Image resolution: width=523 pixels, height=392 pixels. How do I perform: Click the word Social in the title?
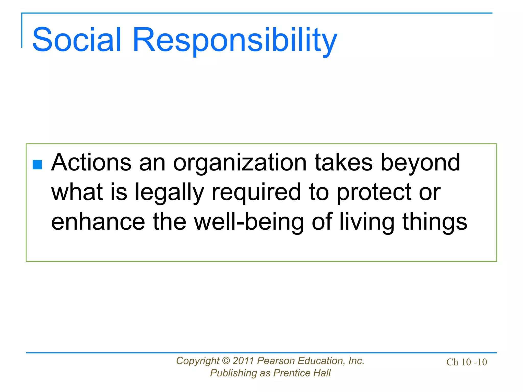(76, 40)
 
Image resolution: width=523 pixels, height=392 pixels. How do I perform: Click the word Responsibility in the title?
(235, 41)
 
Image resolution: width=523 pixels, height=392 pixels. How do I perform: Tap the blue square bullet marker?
(37, 165)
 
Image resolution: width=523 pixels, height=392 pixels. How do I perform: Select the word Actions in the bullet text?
(91, 163)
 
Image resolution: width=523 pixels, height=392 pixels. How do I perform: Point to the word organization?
(240, 163)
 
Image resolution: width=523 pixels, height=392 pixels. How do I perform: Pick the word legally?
(170, 193)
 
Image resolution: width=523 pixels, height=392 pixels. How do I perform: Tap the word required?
(256, 193)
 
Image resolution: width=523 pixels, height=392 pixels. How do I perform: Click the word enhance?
(98, 222)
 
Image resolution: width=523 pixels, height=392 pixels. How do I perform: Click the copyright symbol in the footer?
(226, 361)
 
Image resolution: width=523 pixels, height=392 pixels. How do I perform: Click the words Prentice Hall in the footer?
(302, 373)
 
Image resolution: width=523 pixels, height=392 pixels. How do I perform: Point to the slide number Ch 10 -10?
(467, 362)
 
